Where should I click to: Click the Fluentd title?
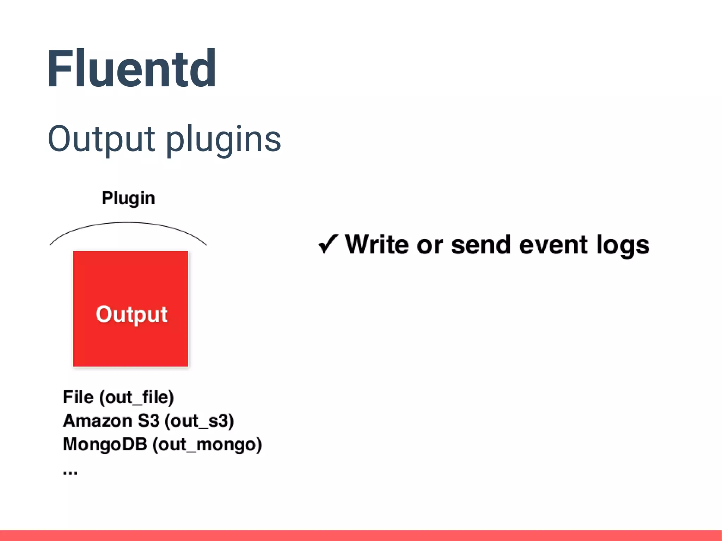pyautogui.click(x=131, y=68)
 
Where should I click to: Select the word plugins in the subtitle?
pyautogui.click(x=223, y=140)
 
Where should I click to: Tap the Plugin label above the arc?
pyautogui.click(x=128, y=198)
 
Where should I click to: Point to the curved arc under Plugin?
pyautogui.click(x=128, y=223)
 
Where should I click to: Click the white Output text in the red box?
pyautogui.click(x=131, y=314)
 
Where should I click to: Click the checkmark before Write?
pyautogui.click(x=328, y=244)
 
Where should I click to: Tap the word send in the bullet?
pyautogui.click(x=481, y=245)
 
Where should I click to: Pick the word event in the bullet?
pyautogui.click(x=553, y=245)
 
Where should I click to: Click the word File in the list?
pyautogui.click(x=78, y=397)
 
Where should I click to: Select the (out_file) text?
pyautogui.click(x=137, y=398)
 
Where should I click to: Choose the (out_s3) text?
pyautogui.click(x=199, y=421)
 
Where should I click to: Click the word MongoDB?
pyautogui.click(x=105, y=444)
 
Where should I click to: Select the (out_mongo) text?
pyautogui.click(x=207, y=444)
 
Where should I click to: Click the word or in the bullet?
pyautogui.click(x=429, y=245)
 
